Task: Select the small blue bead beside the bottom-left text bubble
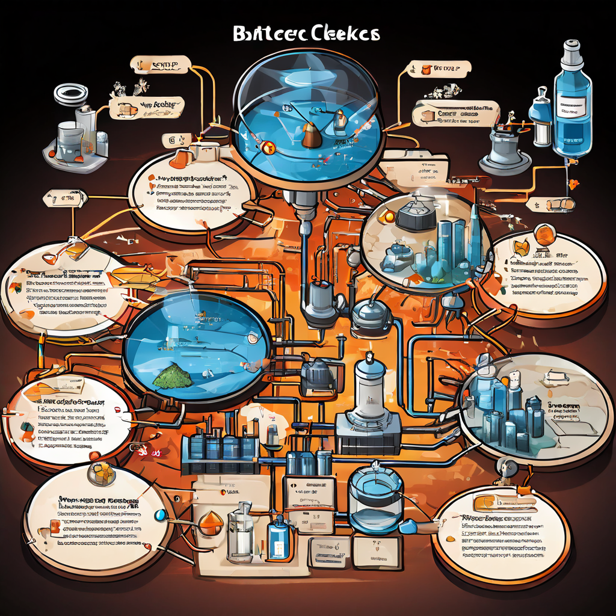(x=160, y=515)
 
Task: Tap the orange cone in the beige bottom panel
(x=210, y=520)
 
